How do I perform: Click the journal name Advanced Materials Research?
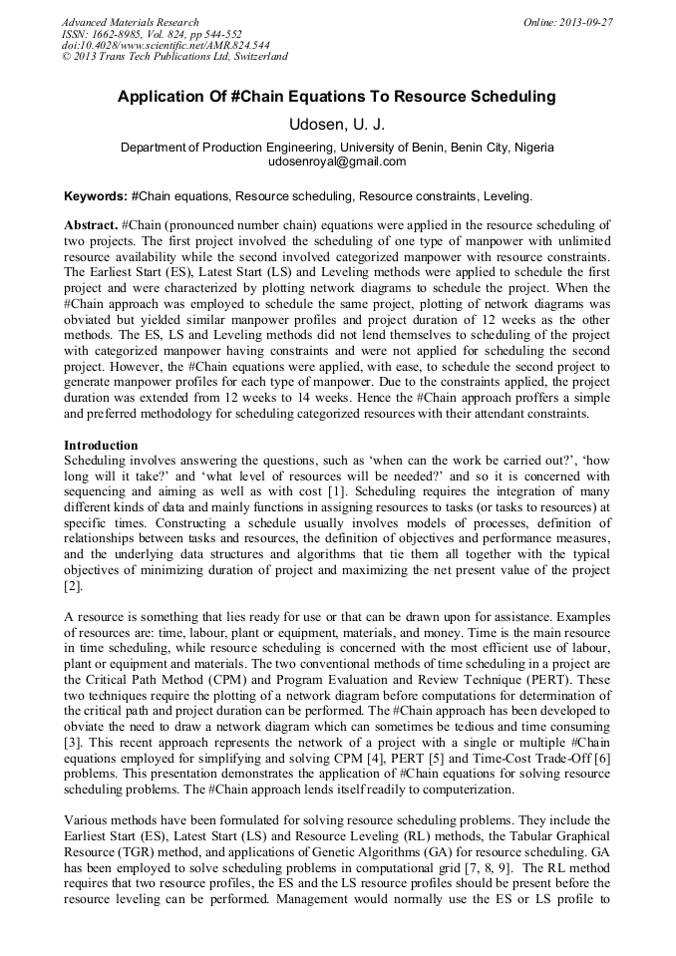(x=130, y=22)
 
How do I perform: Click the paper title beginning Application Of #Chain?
(x=336, y=98)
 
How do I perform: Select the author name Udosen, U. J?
(x=337, y=125)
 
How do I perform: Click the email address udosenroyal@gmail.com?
(x=337, y=161)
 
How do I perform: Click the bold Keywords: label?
(x=95, y=196)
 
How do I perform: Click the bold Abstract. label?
(x=91, y=225)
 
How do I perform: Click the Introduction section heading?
(x=101, y=444)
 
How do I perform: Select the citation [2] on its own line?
(x=72, y=587)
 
